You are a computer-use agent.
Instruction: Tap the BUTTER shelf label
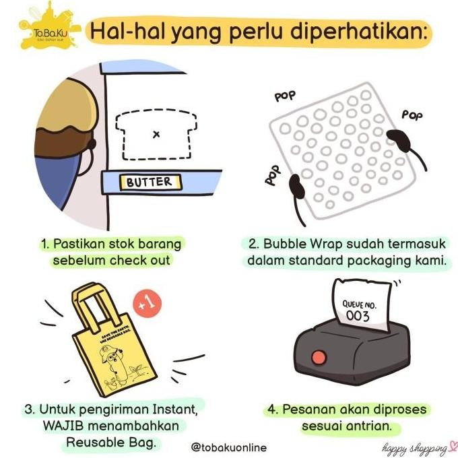pos(149,182)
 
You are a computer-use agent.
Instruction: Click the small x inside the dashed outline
pos(156,134)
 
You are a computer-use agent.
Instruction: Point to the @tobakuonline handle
pos(228,447)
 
